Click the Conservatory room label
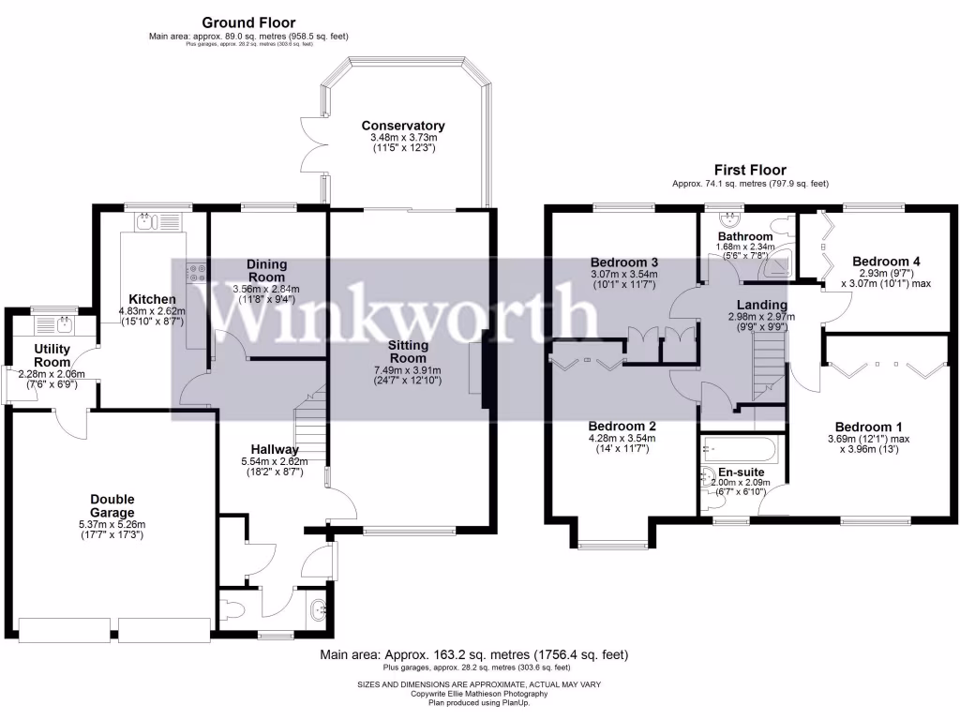tap(402, 126)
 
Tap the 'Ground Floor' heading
tap(248, 22)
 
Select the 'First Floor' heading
tap(750, 171)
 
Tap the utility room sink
tap(61, 325)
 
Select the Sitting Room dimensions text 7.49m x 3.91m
tap(408, 370)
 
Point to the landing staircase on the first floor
tap(768, 371)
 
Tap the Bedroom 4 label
tap(879, 262)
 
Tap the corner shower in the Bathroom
tap(778, 269)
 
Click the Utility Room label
tap(52, 356)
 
